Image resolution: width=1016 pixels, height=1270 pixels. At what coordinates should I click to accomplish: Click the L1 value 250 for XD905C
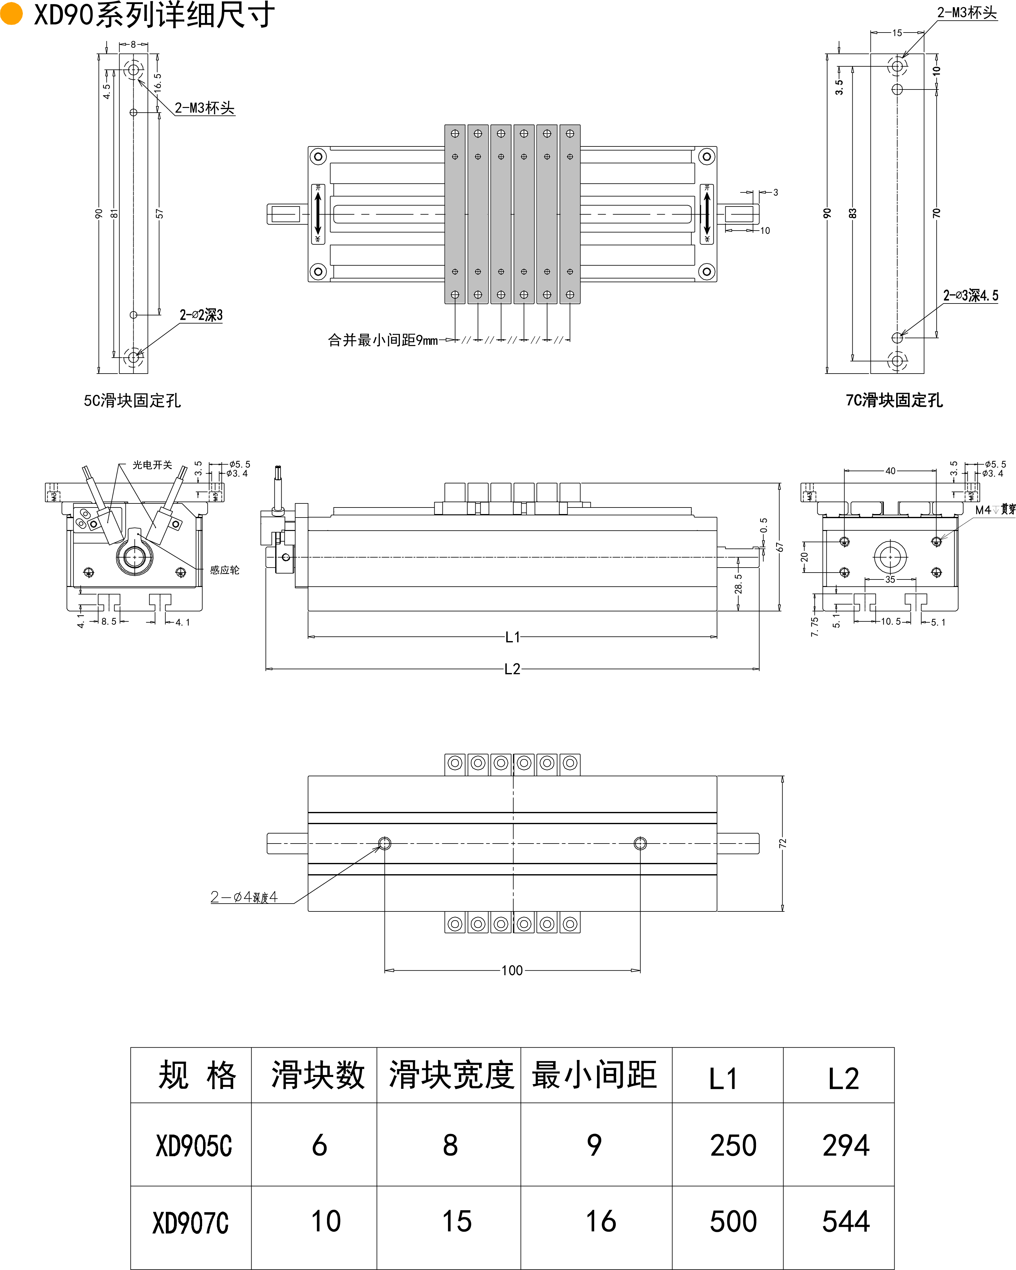733,1146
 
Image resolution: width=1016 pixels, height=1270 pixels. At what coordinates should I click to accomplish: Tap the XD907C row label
190,1223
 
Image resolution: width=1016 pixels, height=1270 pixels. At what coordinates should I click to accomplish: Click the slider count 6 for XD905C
319,1146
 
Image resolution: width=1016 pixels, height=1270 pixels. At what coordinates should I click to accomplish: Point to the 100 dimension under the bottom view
512,970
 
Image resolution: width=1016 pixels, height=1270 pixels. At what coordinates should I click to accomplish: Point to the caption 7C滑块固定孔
894,400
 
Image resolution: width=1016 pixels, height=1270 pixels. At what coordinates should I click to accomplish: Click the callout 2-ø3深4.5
971,296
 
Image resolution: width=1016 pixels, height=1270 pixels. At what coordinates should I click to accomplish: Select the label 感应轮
224,570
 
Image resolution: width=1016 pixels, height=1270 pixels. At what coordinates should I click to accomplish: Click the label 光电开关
152,465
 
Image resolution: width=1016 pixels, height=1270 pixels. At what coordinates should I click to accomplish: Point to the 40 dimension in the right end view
890,471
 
